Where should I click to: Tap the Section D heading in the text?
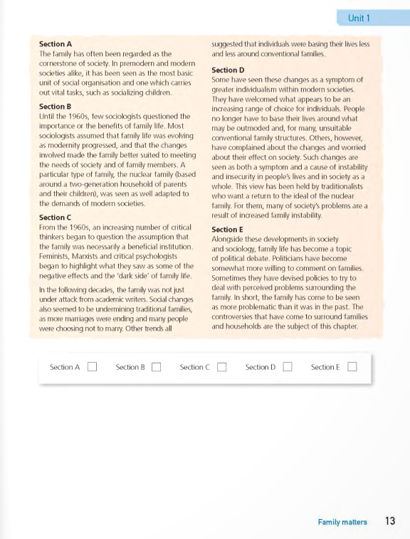pyautogui.click(x=228, y=70)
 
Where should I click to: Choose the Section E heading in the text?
pyautogui.click(x=228, y=230)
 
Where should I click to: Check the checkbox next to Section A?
pyautogui.click(x=92, y=367)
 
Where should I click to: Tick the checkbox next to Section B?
pyautogui.click(x=157, y=367)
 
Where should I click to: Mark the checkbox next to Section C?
pyautogui.click(x=221, y=367)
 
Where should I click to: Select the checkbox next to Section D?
pyautogui.click(x=287, y=367)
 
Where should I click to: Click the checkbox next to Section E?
pyautogui.click(x=352, y=367)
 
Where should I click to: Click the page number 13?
pyautogui.click(x=389, y=521)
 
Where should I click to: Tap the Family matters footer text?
pyautogui.click(x=342, y=522)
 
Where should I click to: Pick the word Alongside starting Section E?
pyautogui.click(x=231, y=240)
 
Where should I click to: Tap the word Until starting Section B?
pyautogui.click(x=47, y=116)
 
